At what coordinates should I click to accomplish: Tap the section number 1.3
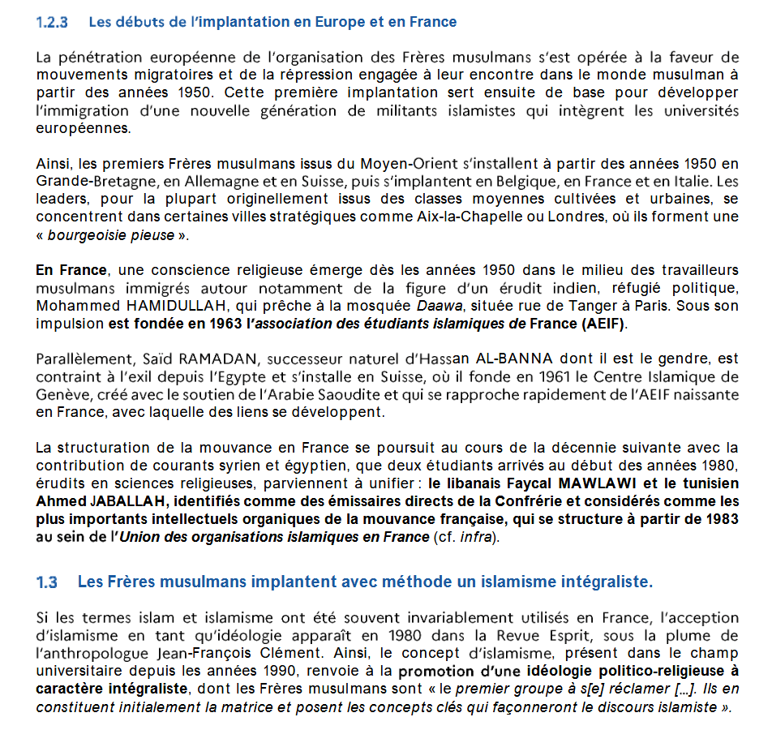tap(47, 582)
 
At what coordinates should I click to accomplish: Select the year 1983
tap(719, 517)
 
